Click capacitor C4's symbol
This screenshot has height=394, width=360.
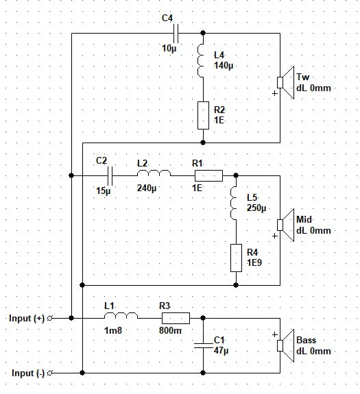[x=176, y=33]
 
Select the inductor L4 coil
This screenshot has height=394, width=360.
[x=201, y=60]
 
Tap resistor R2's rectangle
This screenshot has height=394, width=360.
[x=203, y=115]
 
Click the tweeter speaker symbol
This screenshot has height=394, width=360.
[x=285, y=82]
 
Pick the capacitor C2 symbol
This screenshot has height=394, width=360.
[x=110, y=175]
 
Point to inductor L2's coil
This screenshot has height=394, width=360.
[x=154, y=173]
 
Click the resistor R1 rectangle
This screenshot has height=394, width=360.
[x=208, y=175]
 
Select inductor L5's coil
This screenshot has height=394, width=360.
[x=234, y=203]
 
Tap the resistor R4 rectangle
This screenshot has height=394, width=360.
[x=237, y=258]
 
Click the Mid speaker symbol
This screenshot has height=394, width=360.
[x=285, y=225]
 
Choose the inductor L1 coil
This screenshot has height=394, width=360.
[x=121, y=316]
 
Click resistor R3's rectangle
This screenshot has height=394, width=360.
[x=176, y=318]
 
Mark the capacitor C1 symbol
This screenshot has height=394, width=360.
[x=203, y=346]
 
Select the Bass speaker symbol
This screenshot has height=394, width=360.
[x=285, y=346]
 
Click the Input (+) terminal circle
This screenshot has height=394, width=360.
[x=50, y=318]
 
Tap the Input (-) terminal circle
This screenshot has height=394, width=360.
[x=50, y=373]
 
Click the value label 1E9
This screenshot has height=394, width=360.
[x=254, y=263]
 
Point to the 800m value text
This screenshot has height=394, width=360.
[x=170, y=330]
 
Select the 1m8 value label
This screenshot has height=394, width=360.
[x=113, y=330]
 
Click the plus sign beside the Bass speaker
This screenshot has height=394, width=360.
[x=275, y=334]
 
